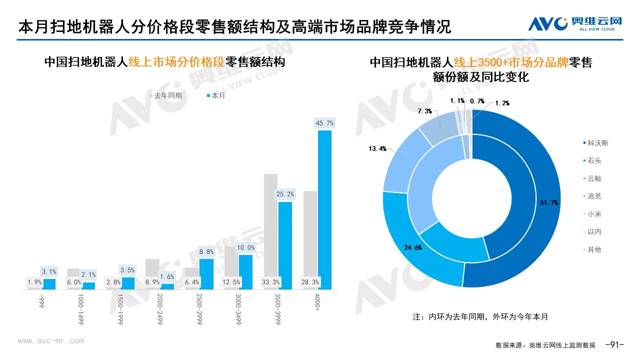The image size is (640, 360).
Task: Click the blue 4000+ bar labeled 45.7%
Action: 324,209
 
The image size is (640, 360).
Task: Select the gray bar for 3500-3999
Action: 270,231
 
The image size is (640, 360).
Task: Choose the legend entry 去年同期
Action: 165,95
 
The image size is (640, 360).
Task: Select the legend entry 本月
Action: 215,95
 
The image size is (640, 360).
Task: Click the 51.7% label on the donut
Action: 548,202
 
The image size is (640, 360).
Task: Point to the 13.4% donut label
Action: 377,149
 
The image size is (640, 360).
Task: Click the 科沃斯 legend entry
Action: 597,143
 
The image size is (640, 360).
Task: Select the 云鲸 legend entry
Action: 594,178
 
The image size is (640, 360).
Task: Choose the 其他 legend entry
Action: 594,249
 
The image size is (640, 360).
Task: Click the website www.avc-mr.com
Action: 51,341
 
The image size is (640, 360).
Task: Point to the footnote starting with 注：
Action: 480,316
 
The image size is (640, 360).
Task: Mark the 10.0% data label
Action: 246,247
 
